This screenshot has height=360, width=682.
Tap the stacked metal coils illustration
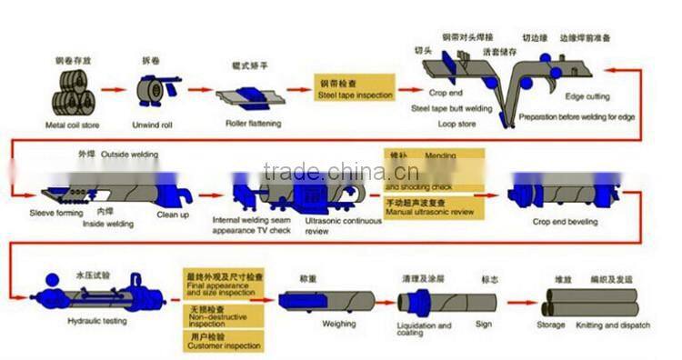(74, 93)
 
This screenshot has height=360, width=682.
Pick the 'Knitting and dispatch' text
(625, 325)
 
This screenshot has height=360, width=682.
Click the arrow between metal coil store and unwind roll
(113, 91)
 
